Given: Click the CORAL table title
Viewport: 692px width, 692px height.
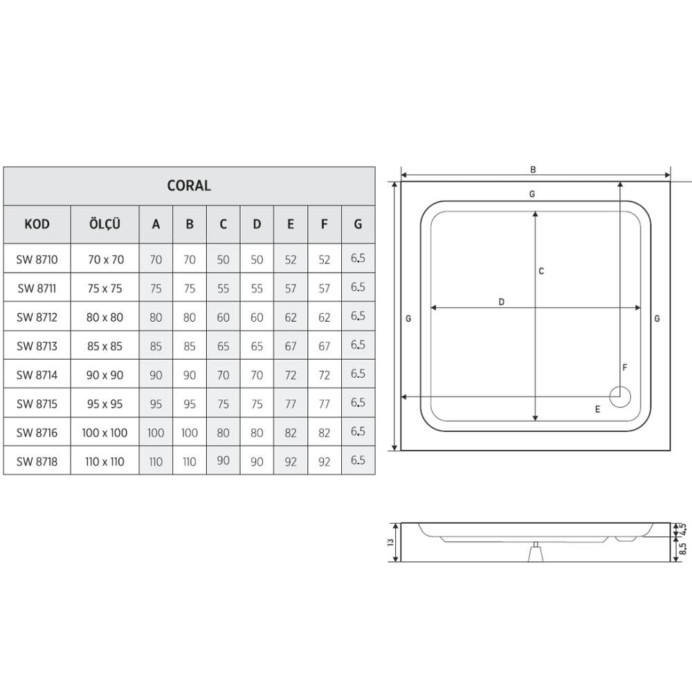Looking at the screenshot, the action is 189,185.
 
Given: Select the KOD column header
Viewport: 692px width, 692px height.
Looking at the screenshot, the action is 37,224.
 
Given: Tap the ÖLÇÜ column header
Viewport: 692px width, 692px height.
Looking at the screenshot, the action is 104,224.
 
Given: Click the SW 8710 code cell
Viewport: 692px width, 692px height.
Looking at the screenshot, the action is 37,259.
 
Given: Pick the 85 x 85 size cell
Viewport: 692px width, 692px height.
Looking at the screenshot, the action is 104,346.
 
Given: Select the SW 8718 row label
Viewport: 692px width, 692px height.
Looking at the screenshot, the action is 37,462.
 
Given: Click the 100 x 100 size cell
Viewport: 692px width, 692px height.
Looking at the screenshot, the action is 104,432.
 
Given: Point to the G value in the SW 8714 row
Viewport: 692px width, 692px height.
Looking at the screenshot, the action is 358,374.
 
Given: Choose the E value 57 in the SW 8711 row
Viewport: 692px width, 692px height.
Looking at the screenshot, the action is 291,289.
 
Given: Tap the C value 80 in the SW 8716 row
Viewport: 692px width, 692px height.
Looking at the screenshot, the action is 224,432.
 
